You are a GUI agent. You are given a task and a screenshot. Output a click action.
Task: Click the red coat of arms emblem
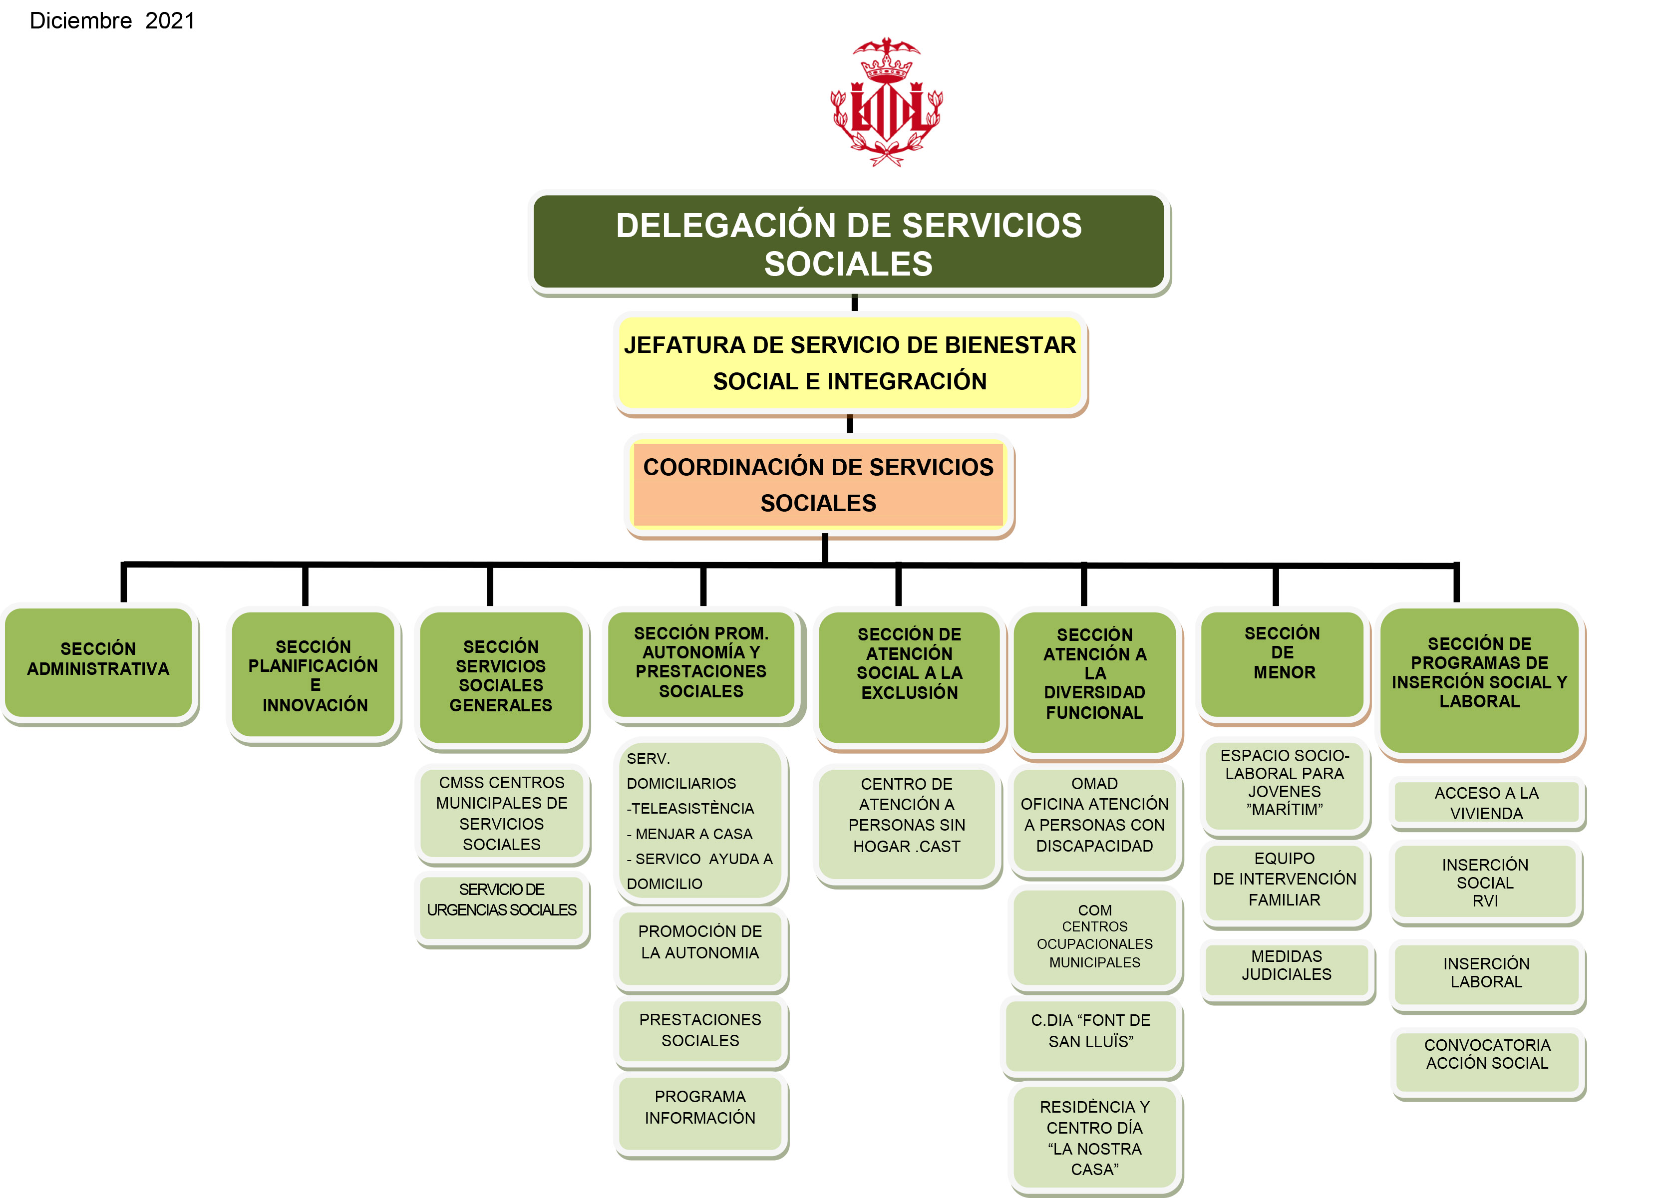[887, 103]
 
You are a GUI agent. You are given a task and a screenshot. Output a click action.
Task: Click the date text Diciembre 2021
[112, 20]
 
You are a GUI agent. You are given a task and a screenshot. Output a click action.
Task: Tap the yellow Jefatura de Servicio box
[850, 363]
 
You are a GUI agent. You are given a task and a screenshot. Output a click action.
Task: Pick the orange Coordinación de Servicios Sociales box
[818, 485]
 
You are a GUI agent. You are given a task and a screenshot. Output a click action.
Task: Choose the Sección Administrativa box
[98, 660]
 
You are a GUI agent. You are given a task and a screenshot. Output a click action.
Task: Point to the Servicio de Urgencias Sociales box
[502, 907]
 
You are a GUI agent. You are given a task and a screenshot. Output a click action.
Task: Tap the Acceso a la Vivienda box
[1486, 803]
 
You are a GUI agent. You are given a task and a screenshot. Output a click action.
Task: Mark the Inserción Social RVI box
[1486, 882]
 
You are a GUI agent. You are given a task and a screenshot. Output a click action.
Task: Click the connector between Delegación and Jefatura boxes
[854, 302]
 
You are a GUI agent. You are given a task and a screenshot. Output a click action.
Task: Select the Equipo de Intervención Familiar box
[1285, 884]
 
